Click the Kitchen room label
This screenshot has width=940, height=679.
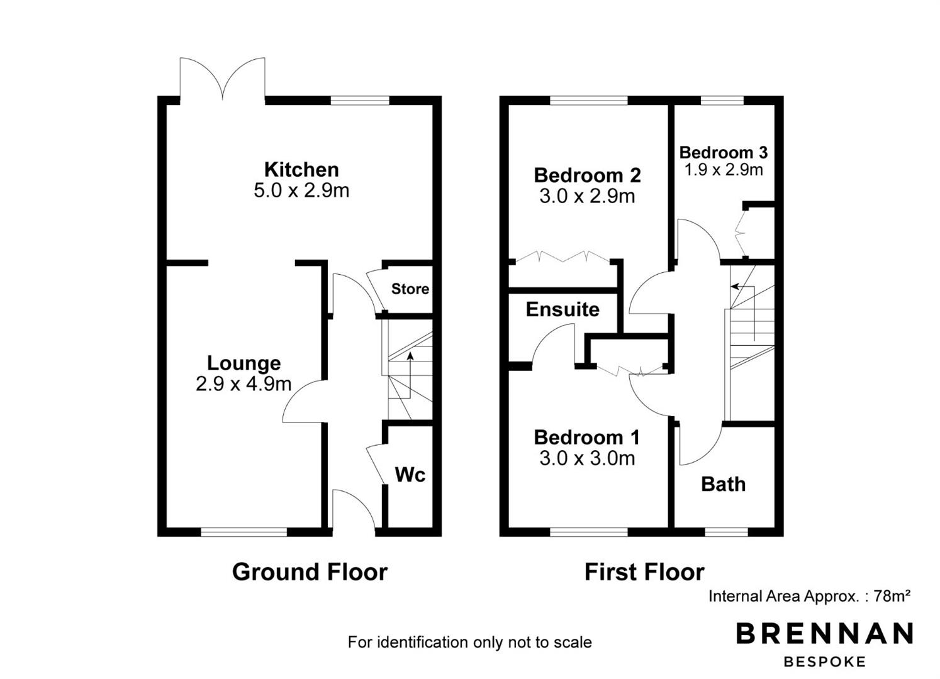[x=301, y=169]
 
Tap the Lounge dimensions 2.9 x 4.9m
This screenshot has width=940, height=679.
[x=243, y=384]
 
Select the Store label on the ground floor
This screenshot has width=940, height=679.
[x=410, y=289]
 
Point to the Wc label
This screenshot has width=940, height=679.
[x=410, y=475]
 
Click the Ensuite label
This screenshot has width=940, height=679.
[x=562, y=309]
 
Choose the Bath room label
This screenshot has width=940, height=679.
[x=724, y=484]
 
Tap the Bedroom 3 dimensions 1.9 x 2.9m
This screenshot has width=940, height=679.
[x=724, y=170]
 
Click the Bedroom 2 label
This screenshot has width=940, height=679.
[x=587, y=175]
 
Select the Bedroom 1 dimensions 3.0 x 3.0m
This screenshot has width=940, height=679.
[x=587, y=458]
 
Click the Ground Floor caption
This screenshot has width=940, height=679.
[x=310, y=572]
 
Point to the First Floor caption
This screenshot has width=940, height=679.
[x=644, y=572]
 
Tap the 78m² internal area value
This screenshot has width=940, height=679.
[x=892, y=596]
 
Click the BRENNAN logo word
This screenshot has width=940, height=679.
[x=825, y=633]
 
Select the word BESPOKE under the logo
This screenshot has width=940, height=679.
[x=825, y=662]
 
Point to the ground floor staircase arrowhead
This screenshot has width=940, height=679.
[x=410, y=356]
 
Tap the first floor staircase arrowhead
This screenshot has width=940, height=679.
[x=734, y=287]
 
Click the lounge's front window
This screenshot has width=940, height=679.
[x=244, y=532]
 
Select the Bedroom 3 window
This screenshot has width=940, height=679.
[x=722, y=100]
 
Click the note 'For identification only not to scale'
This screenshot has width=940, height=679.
[x=469, y=642]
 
